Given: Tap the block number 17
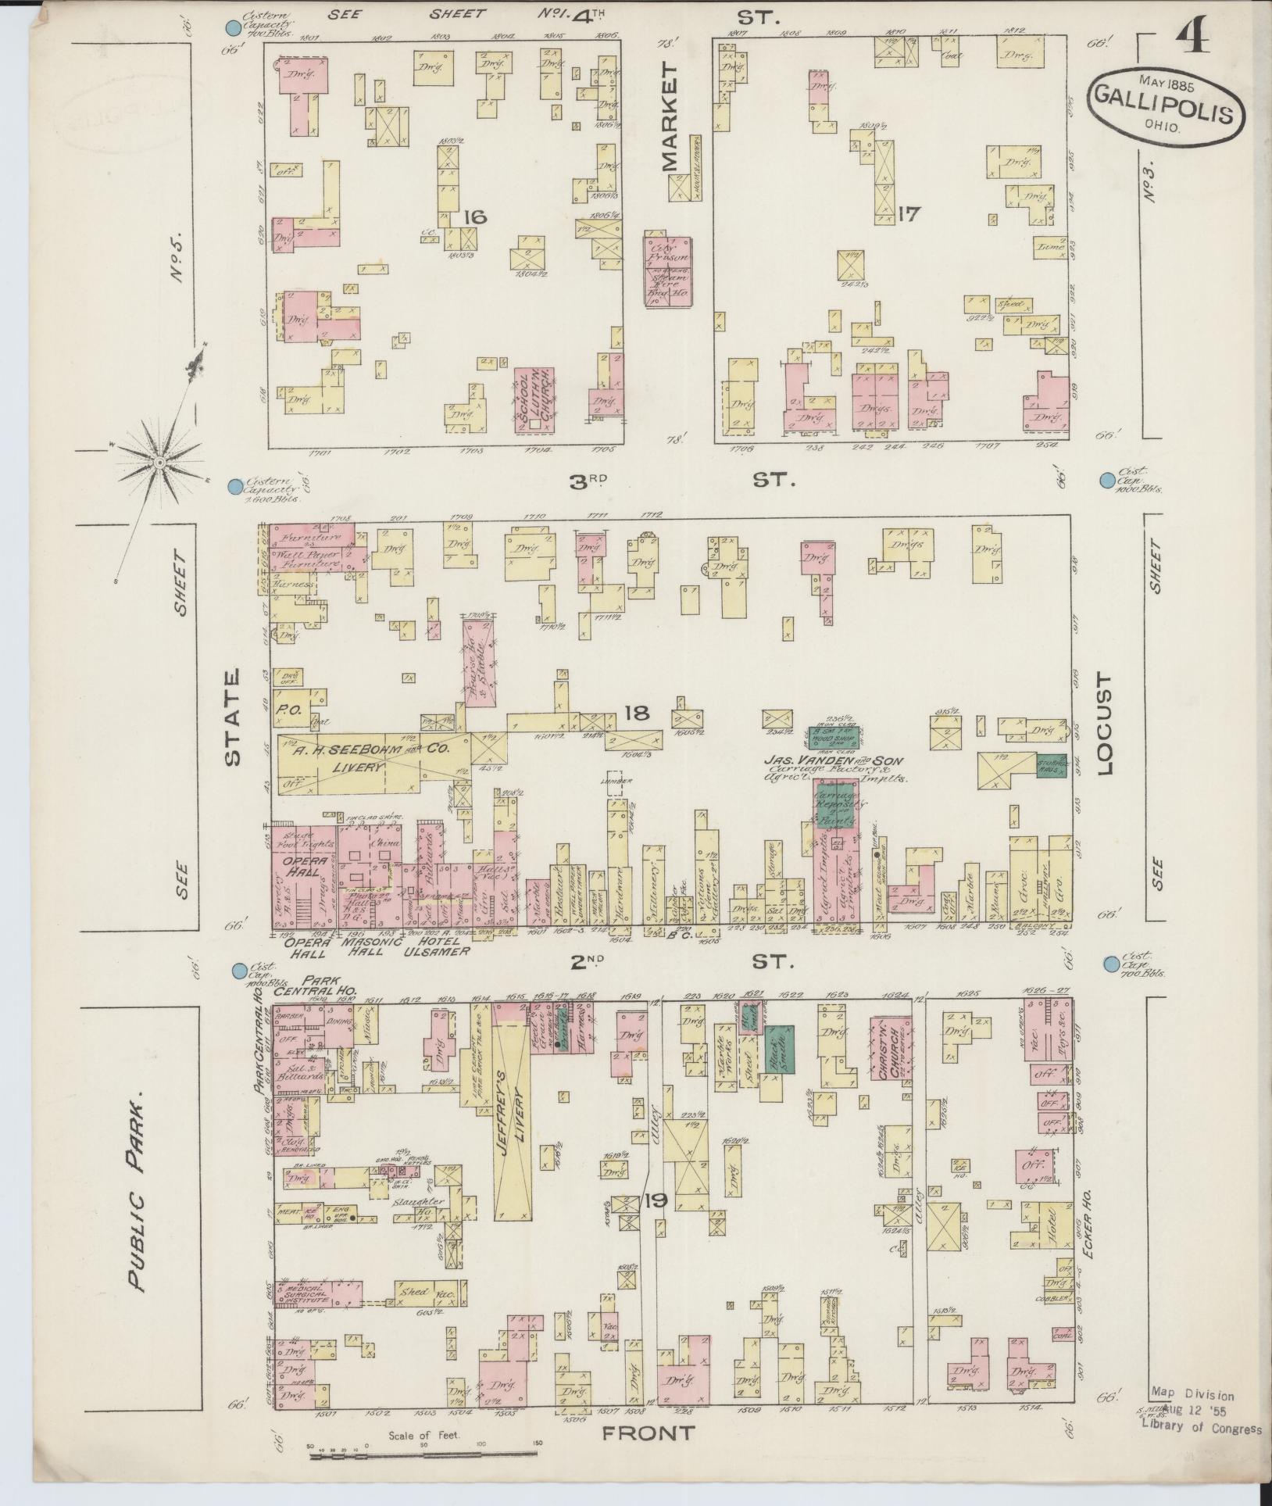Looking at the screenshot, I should tap(911, 213).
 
